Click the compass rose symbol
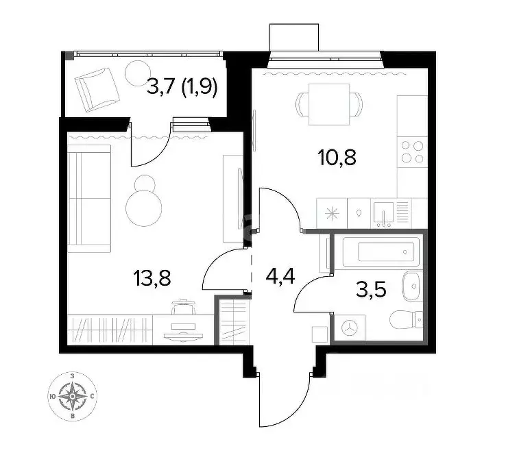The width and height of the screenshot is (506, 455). tap(72, 395)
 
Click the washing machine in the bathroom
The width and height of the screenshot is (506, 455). tap(350, 328)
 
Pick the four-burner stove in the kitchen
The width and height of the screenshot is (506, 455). tap(412, 151)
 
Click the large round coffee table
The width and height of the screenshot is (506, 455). tap(145, 205)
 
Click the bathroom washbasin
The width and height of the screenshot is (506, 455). tap(413, 287)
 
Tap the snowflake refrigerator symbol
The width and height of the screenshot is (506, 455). tap(332, 212)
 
